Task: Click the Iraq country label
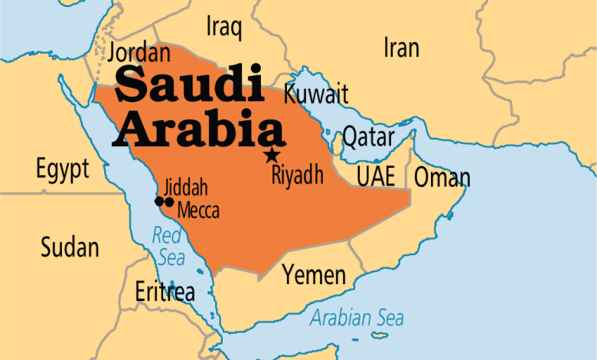224,28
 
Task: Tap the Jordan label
139,53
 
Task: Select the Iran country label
401,48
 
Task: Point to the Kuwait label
316,94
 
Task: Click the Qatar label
370,137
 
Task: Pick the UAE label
376,176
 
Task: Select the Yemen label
314,273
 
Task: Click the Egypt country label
62,169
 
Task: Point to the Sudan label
70,247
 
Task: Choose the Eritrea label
165,291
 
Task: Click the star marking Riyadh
271,155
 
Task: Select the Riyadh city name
297,175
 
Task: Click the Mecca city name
198,209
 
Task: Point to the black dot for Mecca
169,201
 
